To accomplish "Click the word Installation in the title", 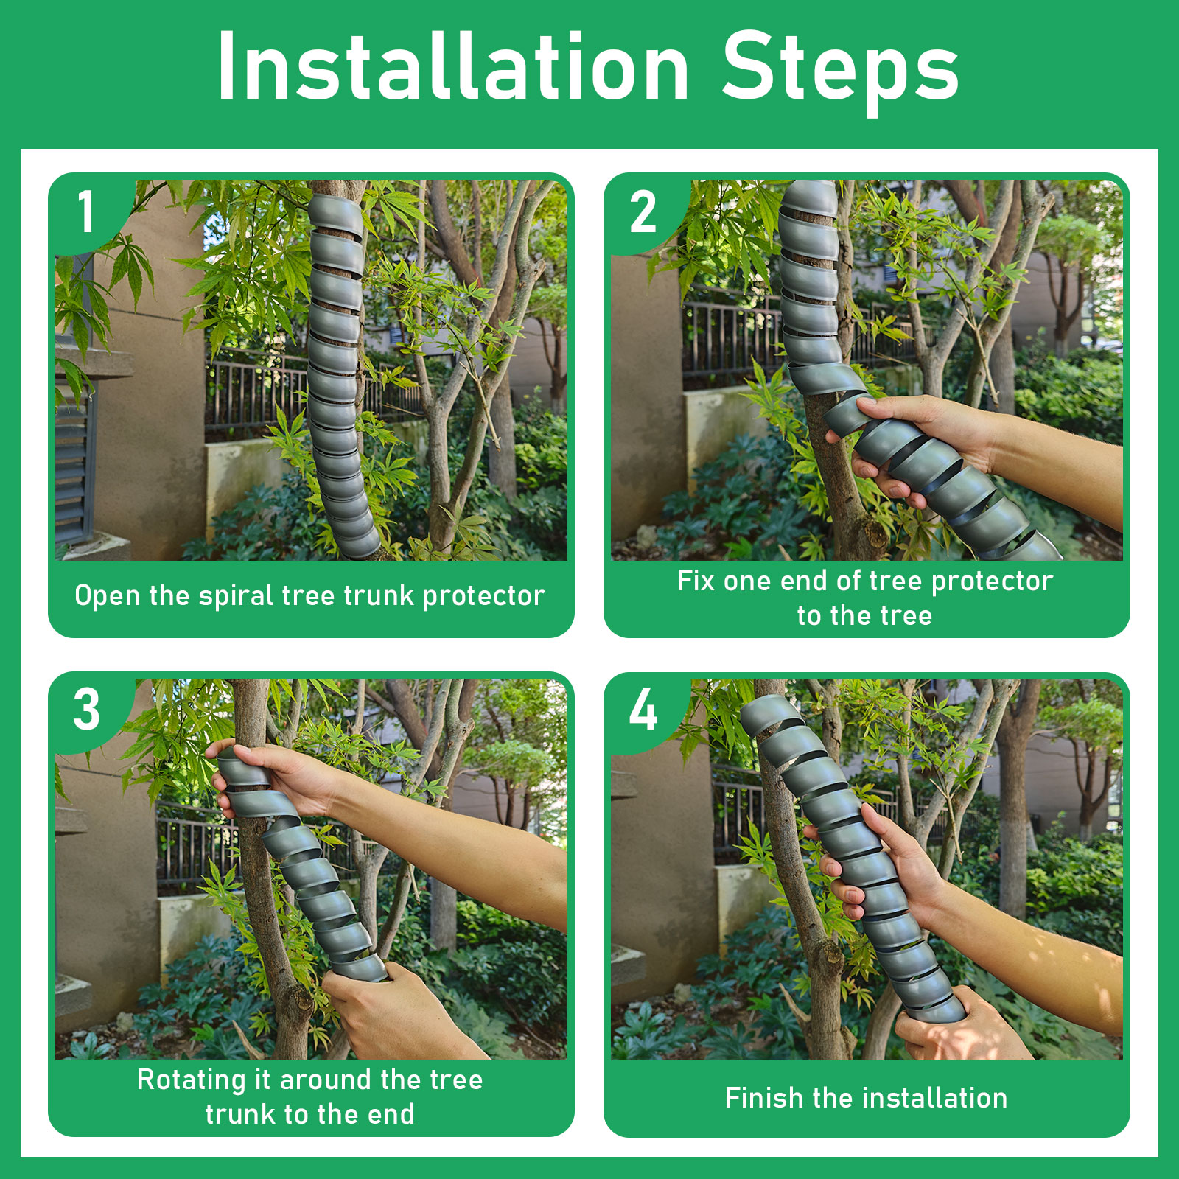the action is pyautogui.click(x=453, y=67).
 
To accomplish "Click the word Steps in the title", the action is pyautogui.click(x=841, y=72).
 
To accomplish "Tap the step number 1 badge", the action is pyautogui.click(x=87, y=212).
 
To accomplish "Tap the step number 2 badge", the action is pyautogui.click(x=643, y=212).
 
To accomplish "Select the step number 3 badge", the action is pyautogui.click(x=87, y=710).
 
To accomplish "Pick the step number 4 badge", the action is pyautogui.click(x=643, y=710).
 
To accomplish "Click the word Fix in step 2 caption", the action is pyautogui.click(x=696, y=581).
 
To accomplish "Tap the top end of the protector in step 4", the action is pyautogui.click(x=766, y=713).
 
